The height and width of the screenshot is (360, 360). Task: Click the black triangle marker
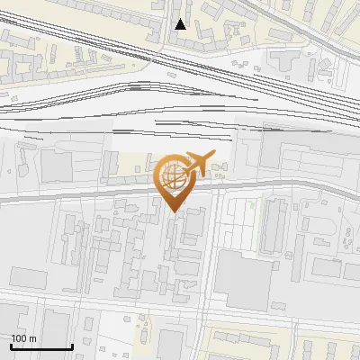181,24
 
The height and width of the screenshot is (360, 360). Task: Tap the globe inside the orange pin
173,175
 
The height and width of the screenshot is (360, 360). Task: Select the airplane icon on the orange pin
200,163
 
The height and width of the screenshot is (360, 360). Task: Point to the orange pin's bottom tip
174,211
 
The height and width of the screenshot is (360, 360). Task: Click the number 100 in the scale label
19,338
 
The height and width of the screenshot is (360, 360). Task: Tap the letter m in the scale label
32,338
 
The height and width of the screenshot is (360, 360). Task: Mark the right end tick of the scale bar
72,346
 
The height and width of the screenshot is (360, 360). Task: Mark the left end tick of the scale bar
11,346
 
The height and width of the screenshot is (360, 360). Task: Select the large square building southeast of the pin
243,280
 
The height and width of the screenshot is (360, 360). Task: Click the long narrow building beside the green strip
273,225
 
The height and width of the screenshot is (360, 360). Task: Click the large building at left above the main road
56,167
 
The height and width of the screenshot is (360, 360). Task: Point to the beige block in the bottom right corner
328,346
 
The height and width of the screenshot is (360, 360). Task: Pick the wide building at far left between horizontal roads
27,276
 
